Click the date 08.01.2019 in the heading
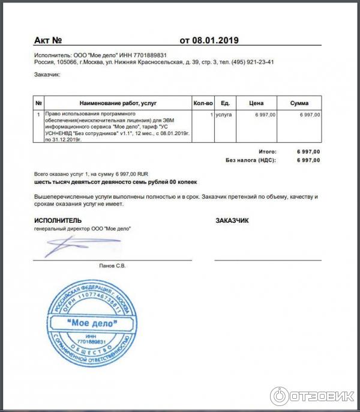pos(215,41)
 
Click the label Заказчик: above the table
pos(48,75)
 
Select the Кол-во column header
pos(203,103)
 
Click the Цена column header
pos(256,103)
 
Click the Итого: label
pos(267,152)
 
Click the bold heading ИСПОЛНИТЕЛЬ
pos(58,220)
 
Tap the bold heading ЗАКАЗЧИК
pos(232,220)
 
